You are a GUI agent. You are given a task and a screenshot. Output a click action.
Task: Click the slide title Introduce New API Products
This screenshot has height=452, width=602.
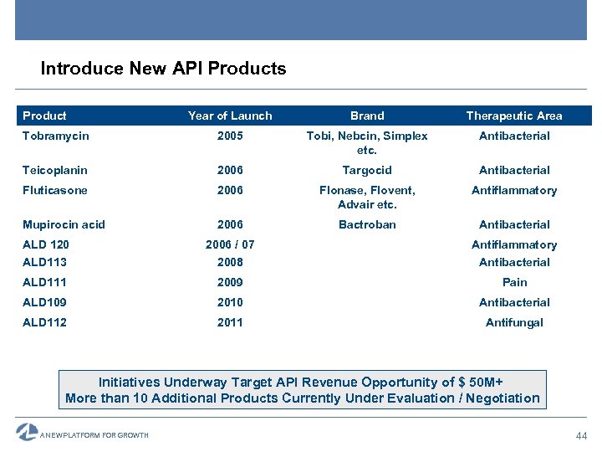tap(163, 69)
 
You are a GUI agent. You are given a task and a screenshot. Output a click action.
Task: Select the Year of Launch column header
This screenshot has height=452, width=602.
tap(230, 116)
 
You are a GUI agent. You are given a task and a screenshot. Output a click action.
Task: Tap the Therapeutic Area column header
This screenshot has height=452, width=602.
tap(514, 116)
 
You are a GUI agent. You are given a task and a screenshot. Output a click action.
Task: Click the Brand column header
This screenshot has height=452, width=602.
tap(367, 116)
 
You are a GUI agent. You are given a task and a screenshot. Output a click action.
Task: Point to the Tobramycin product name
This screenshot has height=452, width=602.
tap(56, 136)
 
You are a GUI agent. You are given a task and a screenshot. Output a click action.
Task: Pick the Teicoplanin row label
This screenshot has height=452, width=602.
tap(55, 170)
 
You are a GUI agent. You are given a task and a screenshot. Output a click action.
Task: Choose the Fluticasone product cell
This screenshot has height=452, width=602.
tap(55, 190)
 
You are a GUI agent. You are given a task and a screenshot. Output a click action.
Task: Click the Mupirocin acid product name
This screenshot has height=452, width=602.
tap(64, 224)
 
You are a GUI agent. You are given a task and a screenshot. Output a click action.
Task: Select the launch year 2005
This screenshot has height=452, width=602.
tap(230, 136)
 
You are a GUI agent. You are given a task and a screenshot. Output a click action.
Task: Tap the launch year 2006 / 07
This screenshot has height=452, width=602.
tap(230, 244)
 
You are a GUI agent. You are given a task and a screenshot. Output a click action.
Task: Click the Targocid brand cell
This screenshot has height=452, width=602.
tap(367, 170)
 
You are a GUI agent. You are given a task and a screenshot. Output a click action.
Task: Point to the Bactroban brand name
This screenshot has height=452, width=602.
tap(367, 224)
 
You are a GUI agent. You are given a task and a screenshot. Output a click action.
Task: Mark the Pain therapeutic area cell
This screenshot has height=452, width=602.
tap(514, 282)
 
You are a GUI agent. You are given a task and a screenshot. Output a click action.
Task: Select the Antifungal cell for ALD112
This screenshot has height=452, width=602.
tap(514, 322)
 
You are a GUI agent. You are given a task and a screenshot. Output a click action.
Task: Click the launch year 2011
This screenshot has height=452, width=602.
tap(230, 322)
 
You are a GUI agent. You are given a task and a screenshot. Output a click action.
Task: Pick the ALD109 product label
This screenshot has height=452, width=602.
tap(45, 302)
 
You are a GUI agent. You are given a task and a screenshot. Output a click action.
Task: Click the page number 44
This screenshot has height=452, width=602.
tap(582, 435)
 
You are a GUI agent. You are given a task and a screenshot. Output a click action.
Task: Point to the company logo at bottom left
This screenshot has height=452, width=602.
tap(28, 432)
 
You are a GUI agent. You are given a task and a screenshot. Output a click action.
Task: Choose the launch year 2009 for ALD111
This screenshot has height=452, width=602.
tap(230, 282)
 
